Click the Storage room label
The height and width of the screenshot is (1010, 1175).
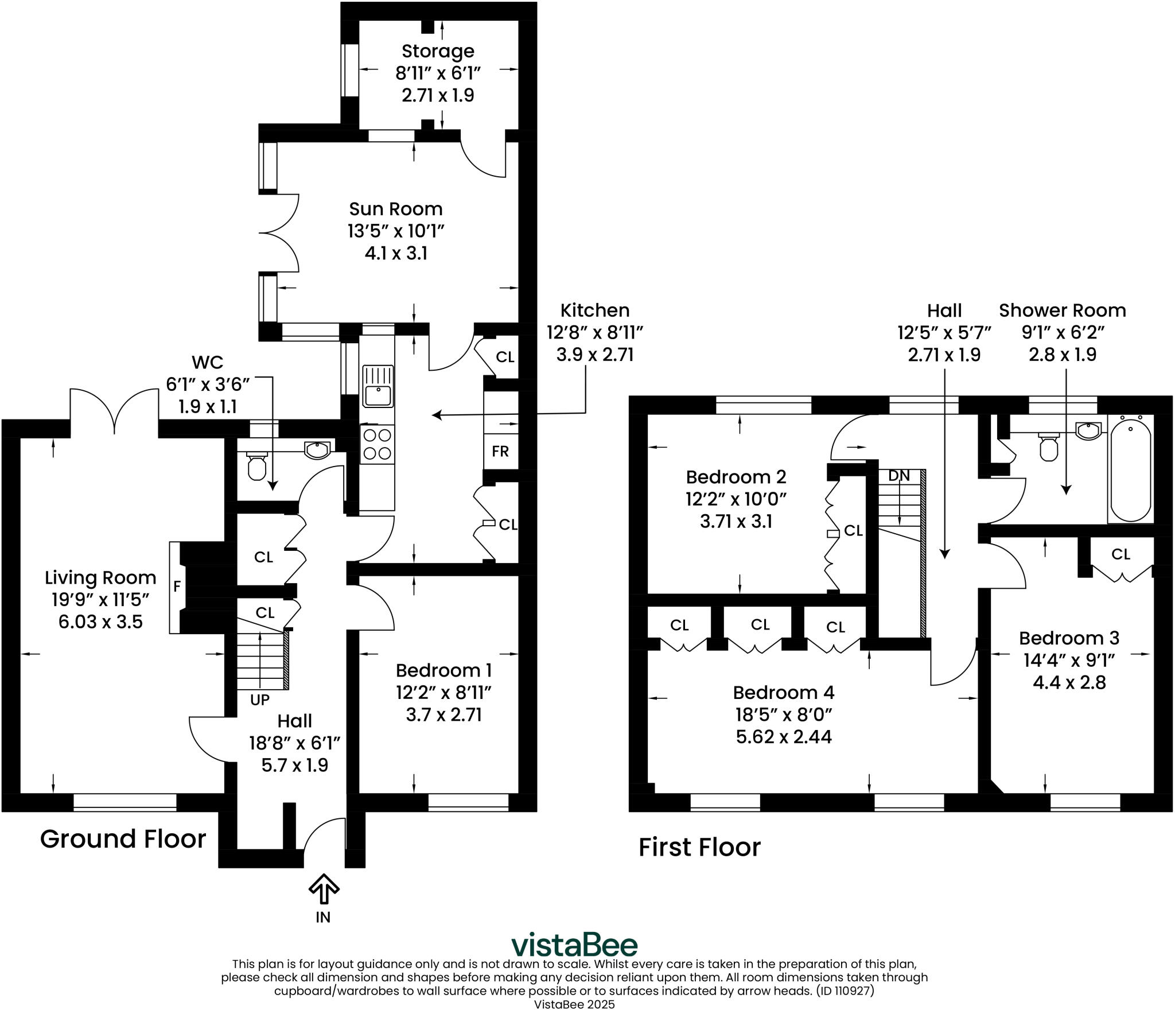pos(438,51)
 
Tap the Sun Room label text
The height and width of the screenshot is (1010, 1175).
pos(396,208)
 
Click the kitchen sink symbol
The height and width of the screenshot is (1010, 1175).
pos(378,386)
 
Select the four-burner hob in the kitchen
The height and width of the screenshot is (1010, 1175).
pos(378,444)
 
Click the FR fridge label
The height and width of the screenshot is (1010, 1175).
pos(500,451)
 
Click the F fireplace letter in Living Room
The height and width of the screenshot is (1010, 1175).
pos(177,586)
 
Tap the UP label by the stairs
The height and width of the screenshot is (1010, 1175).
pos(260,700)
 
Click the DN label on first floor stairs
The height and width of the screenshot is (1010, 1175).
pos(898,475)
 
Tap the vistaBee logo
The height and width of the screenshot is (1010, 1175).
pos(574,945)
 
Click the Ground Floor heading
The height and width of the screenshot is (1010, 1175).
pos(123,839)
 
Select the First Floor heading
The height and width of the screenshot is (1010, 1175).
pos(699,847)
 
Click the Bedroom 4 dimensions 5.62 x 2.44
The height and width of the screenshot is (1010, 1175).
pos(784,736)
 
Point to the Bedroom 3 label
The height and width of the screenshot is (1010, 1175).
pos(1069,638)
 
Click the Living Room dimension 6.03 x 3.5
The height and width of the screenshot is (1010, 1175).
pos(100,621)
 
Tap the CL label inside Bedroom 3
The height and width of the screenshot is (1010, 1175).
pos(1120,554)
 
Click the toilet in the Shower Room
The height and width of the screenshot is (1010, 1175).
pos(1049,447)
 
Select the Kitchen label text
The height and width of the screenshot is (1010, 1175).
pos(594,310)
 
